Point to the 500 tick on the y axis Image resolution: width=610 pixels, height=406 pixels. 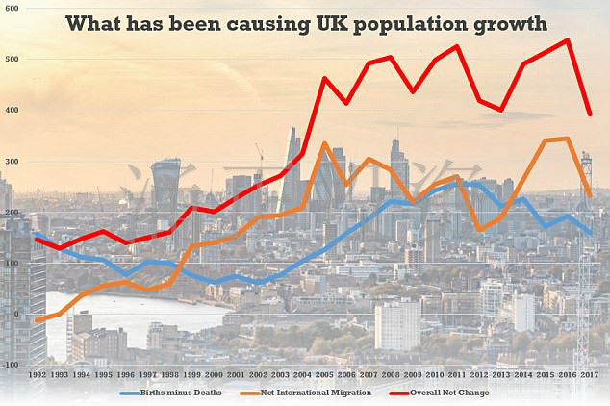point(11,60)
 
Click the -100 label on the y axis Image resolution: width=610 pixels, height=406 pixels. point(11,365)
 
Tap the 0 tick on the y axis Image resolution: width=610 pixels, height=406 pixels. point(14,314)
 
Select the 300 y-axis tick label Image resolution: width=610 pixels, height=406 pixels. point(11,161)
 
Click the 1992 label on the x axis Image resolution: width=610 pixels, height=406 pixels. point(38,374)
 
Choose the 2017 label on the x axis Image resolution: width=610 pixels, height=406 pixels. point(590,374)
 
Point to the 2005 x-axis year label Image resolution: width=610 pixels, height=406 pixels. point(325,374)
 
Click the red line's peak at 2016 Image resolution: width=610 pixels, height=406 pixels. point(568,40)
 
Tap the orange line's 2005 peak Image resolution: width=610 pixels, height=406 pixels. point(325,143)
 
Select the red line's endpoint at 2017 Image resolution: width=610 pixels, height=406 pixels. point(590,114)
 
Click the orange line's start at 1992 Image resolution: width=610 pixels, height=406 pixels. point(38,320)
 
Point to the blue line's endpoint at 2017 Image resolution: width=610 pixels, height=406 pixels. point(590,234)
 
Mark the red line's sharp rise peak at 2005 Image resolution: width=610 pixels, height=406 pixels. point(325,78)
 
